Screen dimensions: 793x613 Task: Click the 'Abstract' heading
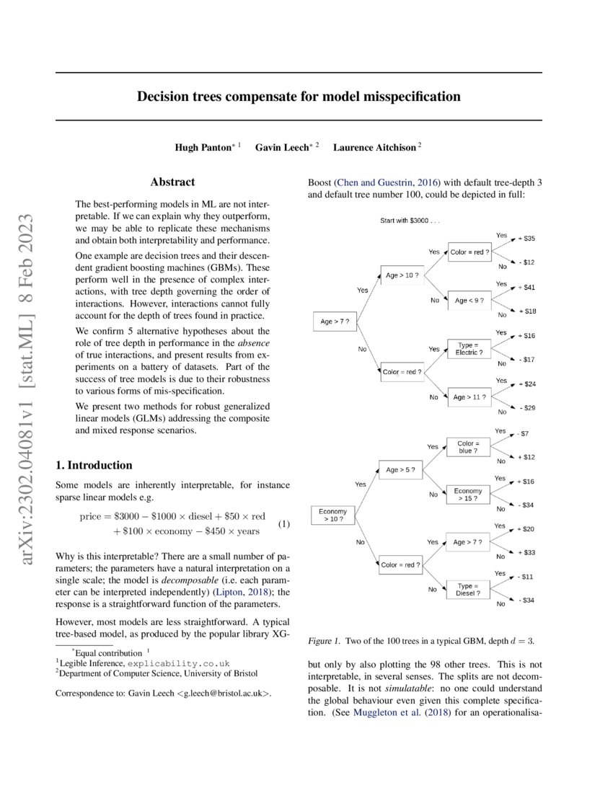click(x=172, y=182)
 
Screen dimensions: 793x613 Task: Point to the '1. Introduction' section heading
click(x=94, y=465)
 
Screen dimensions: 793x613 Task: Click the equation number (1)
click(x=283, y=524)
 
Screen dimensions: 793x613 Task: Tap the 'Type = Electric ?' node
click(x=469, y=349)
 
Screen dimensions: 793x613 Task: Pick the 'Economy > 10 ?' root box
click(x=333, y=515)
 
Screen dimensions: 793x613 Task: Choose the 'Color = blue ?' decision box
click(x=469, y=447)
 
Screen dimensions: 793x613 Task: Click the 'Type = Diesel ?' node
click(x=469, y=590)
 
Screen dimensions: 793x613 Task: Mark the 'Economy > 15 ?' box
click(x=469, y=495)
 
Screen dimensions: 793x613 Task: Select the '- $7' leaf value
click(x=524, y=434)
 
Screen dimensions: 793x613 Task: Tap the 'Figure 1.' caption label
click(x=324, y=640)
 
